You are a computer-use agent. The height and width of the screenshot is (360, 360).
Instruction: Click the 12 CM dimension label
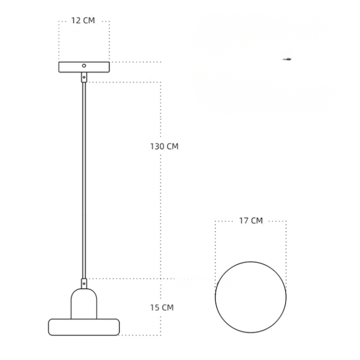click(x=83, y=20)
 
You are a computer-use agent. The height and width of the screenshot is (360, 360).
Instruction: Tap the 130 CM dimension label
click(x=164, y=146)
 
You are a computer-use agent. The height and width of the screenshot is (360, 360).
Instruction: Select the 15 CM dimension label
click(x=162, y=307)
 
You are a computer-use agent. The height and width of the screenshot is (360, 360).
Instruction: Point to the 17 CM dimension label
click(x=251, y=221)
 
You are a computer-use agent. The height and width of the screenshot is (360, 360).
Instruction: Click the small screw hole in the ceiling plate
click(x=84, y=65)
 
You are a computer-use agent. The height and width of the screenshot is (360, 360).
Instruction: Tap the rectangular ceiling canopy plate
click(x=84, y=67)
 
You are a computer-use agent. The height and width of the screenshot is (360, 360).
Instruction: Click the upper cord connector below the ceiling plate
click(x=84, y=77)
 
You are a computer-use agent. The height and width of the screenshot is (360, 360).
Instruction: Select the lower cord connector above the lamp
click(x=84, y=284)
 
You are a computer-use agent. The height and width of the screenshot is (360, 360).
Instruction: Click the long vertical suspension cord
click(x=84, y=180)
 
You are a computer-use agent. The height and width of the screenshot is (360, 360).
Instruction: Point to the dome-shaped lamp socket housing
click(x=84, y=304)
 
